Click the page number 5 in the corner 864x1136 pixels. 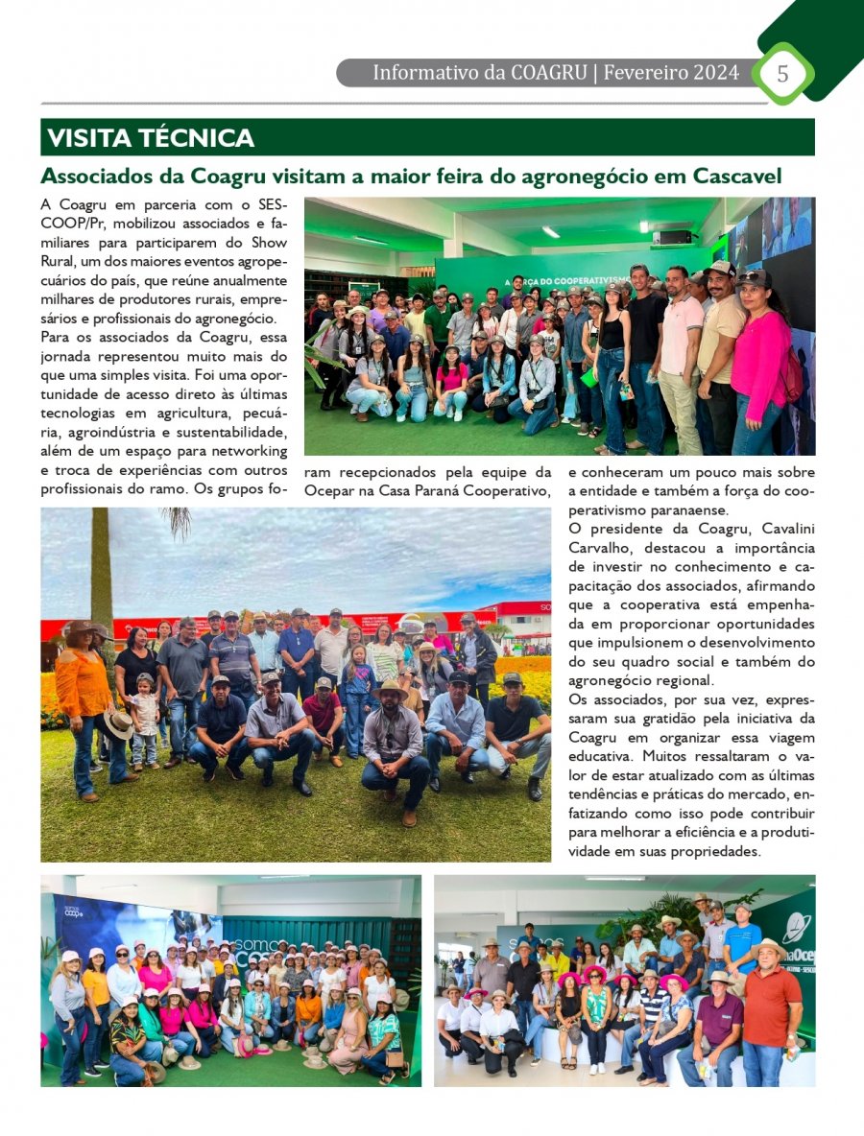[782, 74]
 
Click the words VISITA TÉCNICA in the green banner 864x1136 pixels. [151, 138]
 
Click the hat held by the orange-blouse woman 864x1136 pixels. [119, 724]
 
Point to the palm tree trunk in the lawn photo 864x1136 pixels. [102, 566]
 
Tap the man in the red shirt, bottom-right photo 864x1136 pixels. [769, 1017]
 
